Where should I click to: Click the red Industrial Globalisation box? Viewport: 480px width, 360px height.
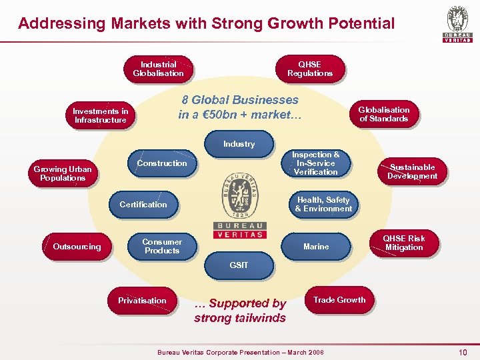click(x=158, y=69)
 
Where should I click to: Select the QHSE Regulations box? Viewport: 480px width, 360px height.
click(x=310, y=69)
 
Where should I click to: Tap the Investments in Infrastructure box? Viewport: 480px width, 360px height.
click(x=101, y=115)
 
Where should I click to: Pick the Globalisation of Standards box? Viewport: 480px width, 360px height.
click(x=384, y=114)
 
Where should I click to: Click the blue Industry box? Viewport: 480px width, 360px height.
click(x=239, y=143)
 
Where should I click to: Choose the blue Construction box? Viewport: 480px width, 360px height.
click(x=162, y=163)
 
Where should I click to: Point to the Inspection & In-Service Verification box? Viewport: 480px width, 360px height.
click(x=316, y=163)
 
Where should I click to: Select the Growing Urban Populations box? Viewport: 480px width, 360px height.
click(x=63, y=173)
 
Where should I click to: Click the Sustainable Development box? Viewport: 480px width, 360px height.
click(x=413, y=171)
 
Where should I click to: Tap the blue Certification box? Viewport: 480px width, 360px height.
click(x=143, y=205)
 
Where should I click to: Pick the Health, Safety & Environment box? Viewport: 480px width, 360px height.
click(x=323, y=204)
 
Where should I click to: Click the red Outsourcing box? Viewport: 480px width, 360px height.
click(x=77, y=247)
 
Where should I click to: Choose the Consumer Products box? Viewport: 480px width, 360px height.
click(x=162, y=246)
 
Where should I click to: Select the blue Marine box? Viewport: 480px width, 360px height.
click(x=316, y=247)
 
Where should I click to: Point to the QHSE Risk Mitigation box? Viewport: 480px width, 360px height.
click(x=404, y=243)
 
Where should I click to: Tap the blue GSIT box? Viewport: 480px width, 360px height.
click(x=239, y=265)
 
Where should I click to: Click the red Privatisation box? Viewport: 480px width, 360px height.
click(x=142, y=301)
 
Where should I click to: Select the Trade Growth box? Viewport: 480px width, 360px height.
click(x=339, y=300)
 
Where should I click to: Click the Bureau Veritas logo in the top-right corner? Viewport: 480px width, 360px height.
click(x=457, y=25)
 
